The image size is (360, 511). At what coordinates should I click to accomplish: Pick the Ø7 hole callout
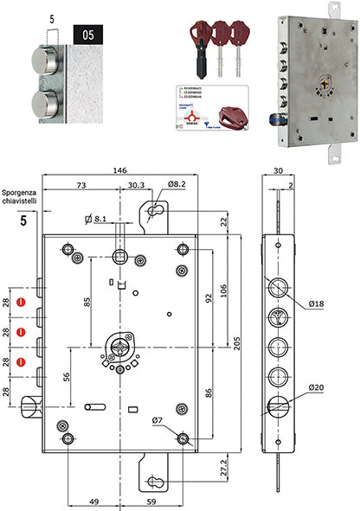[157, 421]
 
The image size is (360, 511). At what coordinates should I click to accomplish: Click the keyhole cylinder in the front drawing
[119, 350]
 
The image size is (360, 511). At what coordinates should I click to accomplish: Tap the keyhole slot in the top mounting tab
[157, 213]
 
